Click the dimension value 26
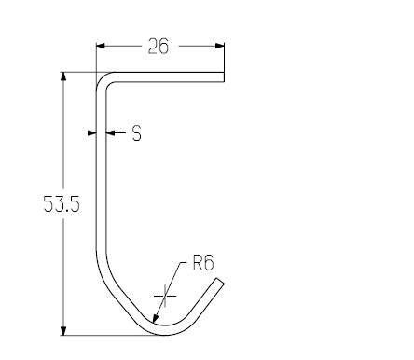[x=159, y=47]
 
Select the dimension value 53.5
[x=62, y=204]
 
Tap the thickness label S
[x=137, y=133]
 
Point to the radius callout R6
[x=203, y=262]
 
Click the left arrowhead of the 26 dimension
[x=101, y=46]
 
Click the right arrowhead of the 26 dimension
[x=219, y=46]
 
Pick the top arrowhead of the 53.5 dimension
[x=63, y=76]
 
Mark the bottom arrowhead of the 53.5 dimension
[x=63, y=331]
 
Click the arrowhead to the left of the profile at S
[x=91, y=133]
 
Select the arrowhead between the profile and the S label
[x=111, y=133]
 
